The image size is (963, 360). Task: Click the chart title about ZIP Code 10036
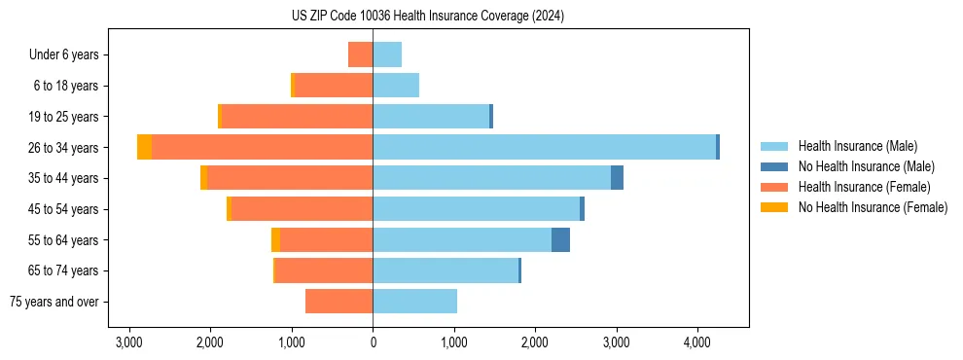coord(427,17)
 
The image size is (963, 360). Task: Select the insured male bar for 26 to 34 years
coord(544,147)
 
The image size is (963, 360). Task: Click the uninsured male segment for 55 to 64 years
coord(560,240)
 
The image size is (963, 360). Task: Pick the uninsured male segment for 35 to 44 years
coord(617,178)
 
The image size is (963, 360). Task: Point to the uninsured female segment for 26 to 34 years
coord(144,147)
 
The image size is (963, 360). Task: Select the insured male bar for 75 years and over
coord(414,302)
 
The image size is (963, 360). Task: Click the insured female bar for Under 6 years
coord(360,54)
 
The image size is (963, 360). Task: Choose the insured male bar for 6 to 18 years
coord(396,86)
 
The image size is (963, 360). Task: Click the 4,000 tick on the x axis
coord(696,342)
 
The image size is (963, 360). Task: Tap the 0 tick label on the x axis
coord(373,342)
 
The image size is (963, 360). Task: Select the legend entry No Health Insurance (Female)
coord(873,207)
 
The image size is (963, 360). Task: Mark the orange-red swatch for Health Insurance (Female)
coord(774,187)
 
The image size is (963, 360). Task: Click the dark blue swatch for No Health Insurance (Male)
coord(774,166)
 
